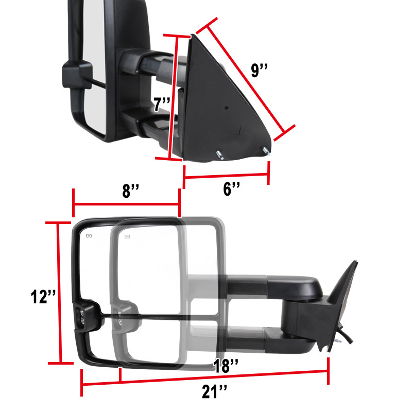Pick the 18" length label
coord(226,366)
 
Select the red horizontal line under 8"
coord(127,204)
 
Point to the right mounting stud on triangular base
coord(265,151)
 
